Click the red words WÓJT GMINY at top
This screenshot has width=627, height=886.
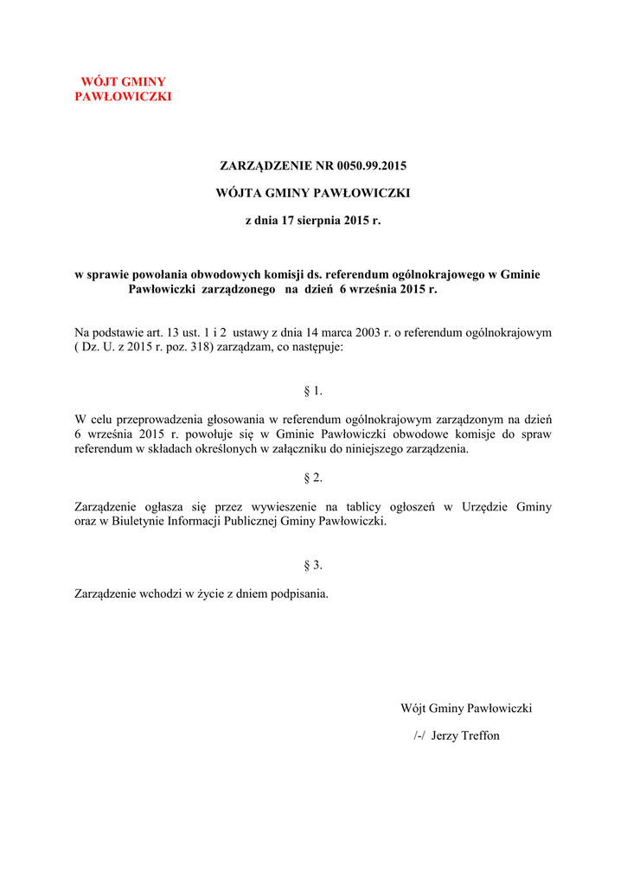click(x=123, y=81)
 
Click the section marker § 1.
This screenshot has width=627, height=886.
click(x=313, y=391)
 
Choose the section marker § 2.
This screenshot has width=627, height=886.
click(x=313, y=478)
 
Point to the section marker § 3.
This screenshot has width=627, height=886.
click(x=313, y=566)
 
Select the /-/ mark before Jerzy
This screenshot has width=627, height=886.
click(x=419, y=736)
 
